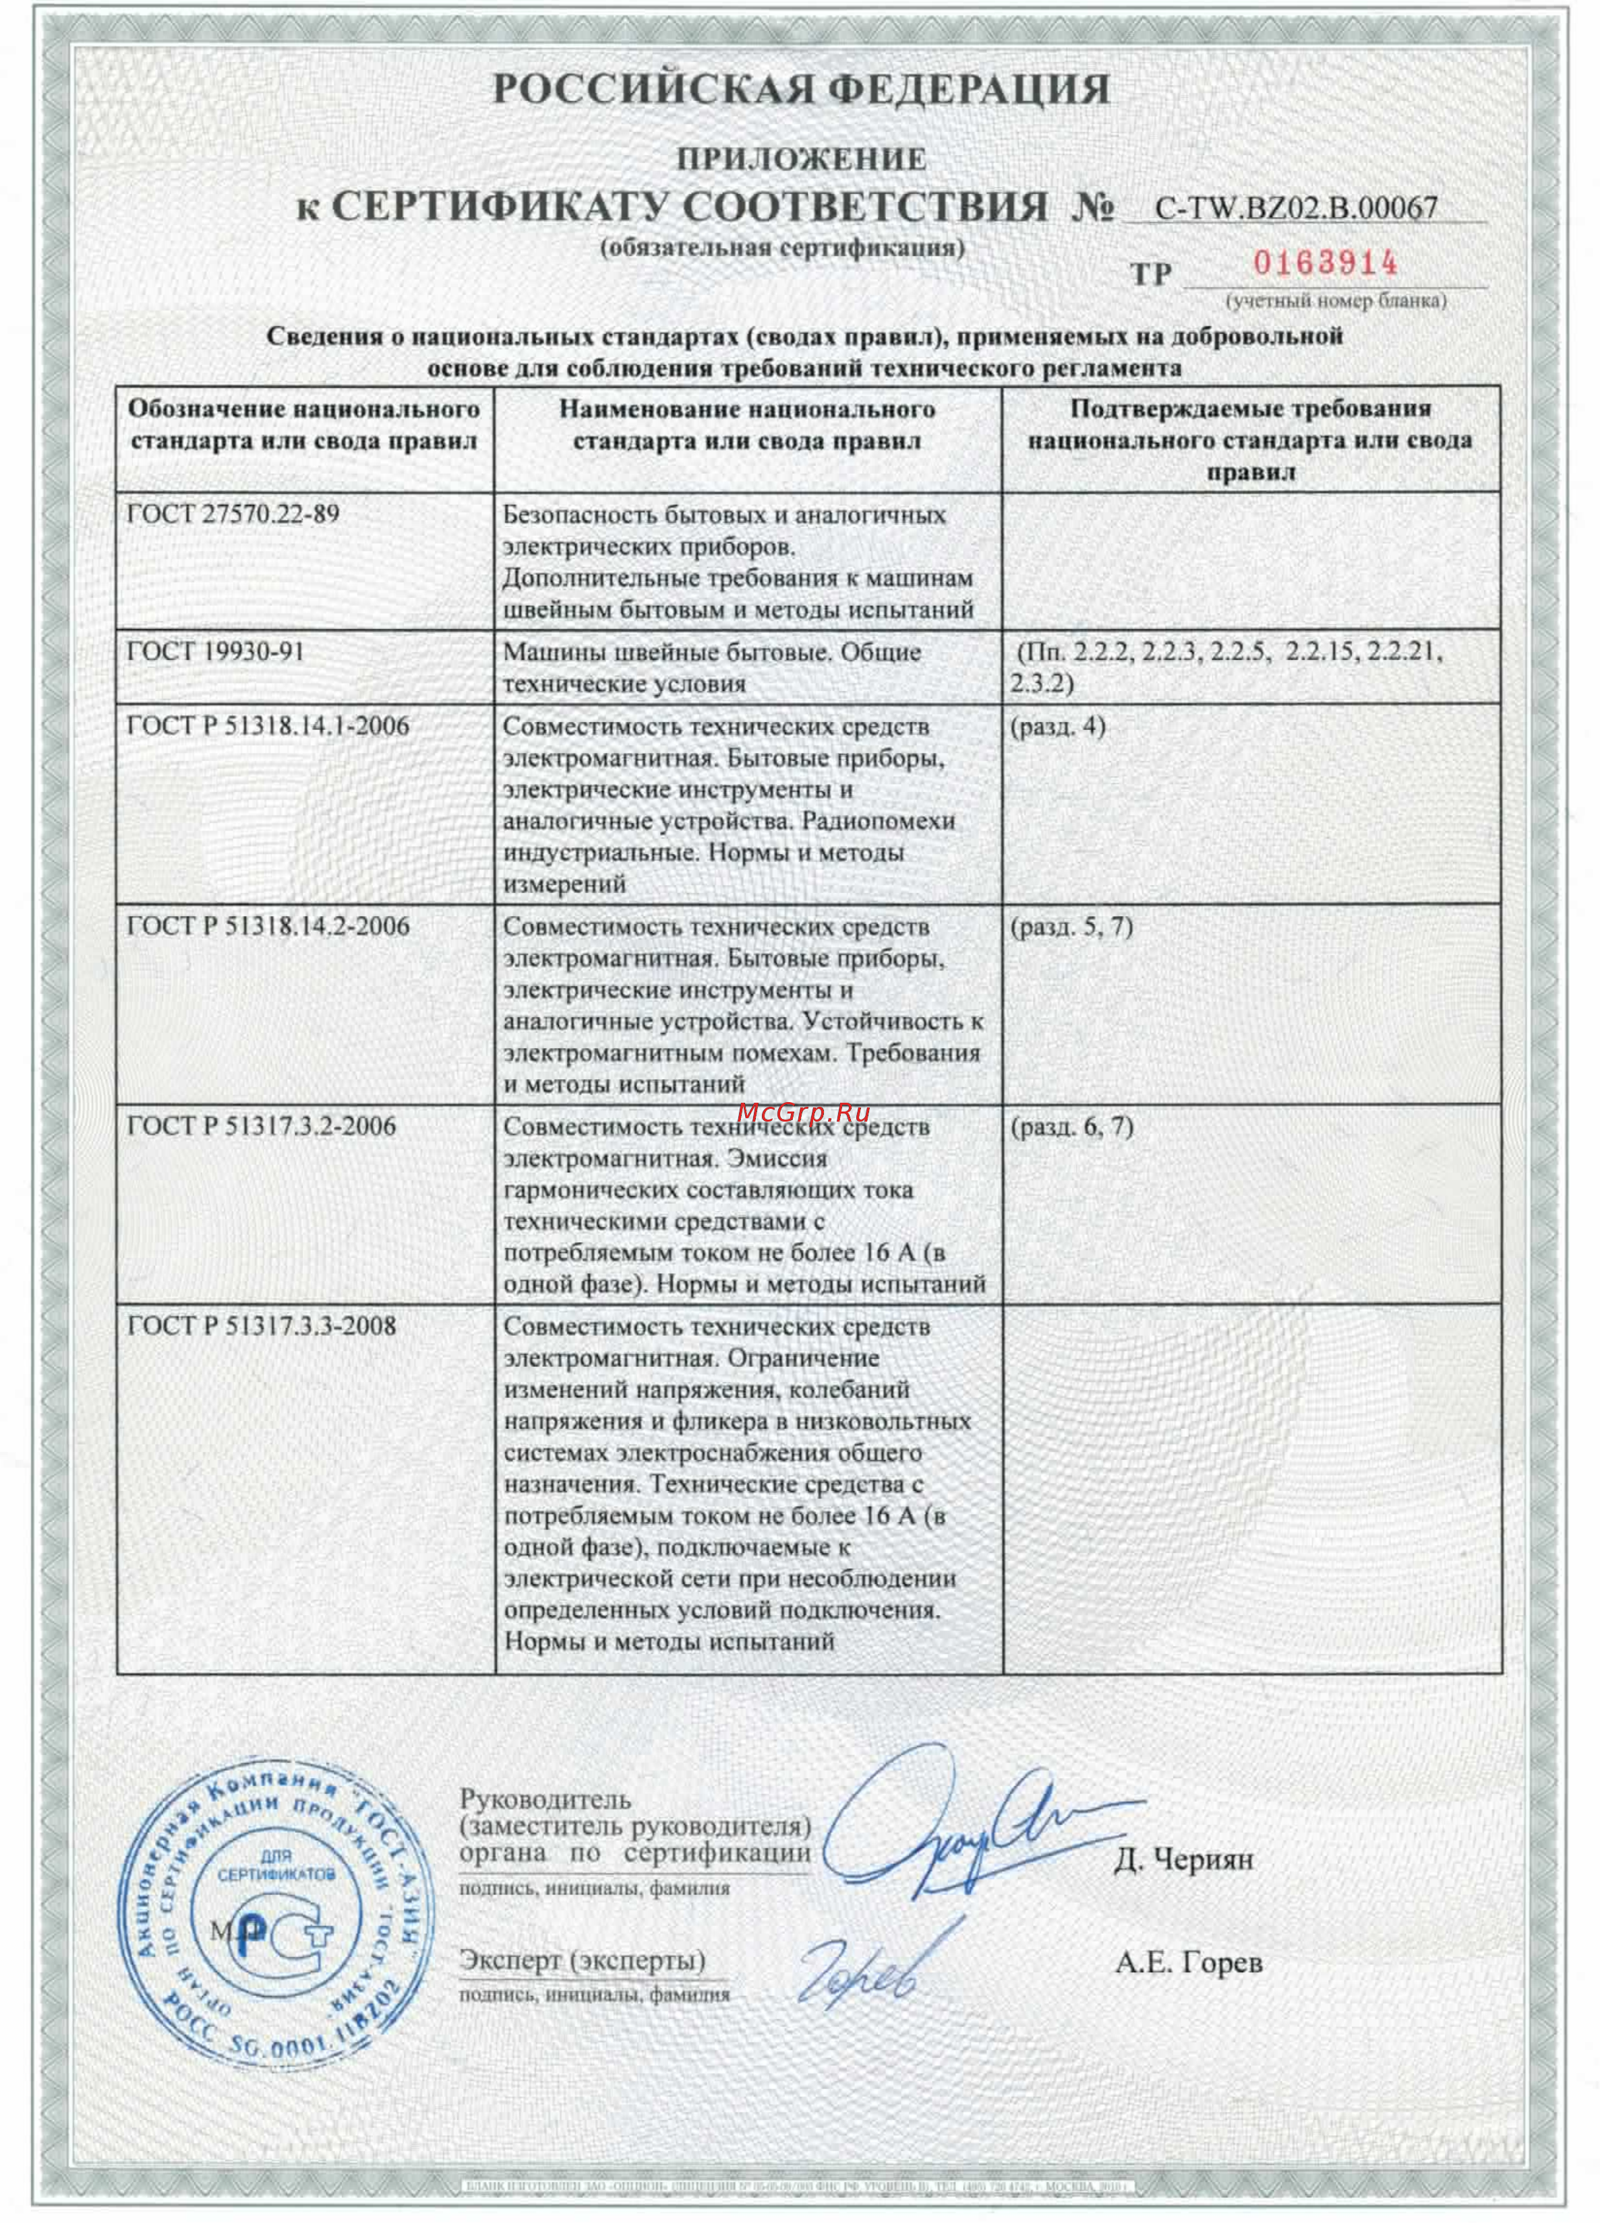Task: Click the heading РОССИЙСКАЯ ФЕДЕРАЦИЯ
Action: [x=799, y=90]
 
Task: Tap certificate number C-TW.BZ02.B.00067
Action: [x=1296, y=208]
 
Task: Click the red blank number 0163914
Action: [x=1326, y=263]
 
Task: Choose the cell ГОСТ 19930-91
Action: [x=216, y=652]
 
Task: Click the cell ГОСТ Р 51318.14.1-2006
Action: [x=268, y=727]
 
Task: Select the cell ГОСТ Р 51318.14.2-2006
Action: [x=268, y=926]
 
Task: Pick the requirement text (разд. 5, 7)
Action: [x=1071, y=926]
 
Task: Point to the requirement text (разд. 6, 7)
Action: [x=1071, y=1126]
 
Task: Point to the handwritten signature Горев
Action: [x=863, y=1970]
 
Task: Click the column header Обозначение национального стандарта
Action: [x=304, y=425]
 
